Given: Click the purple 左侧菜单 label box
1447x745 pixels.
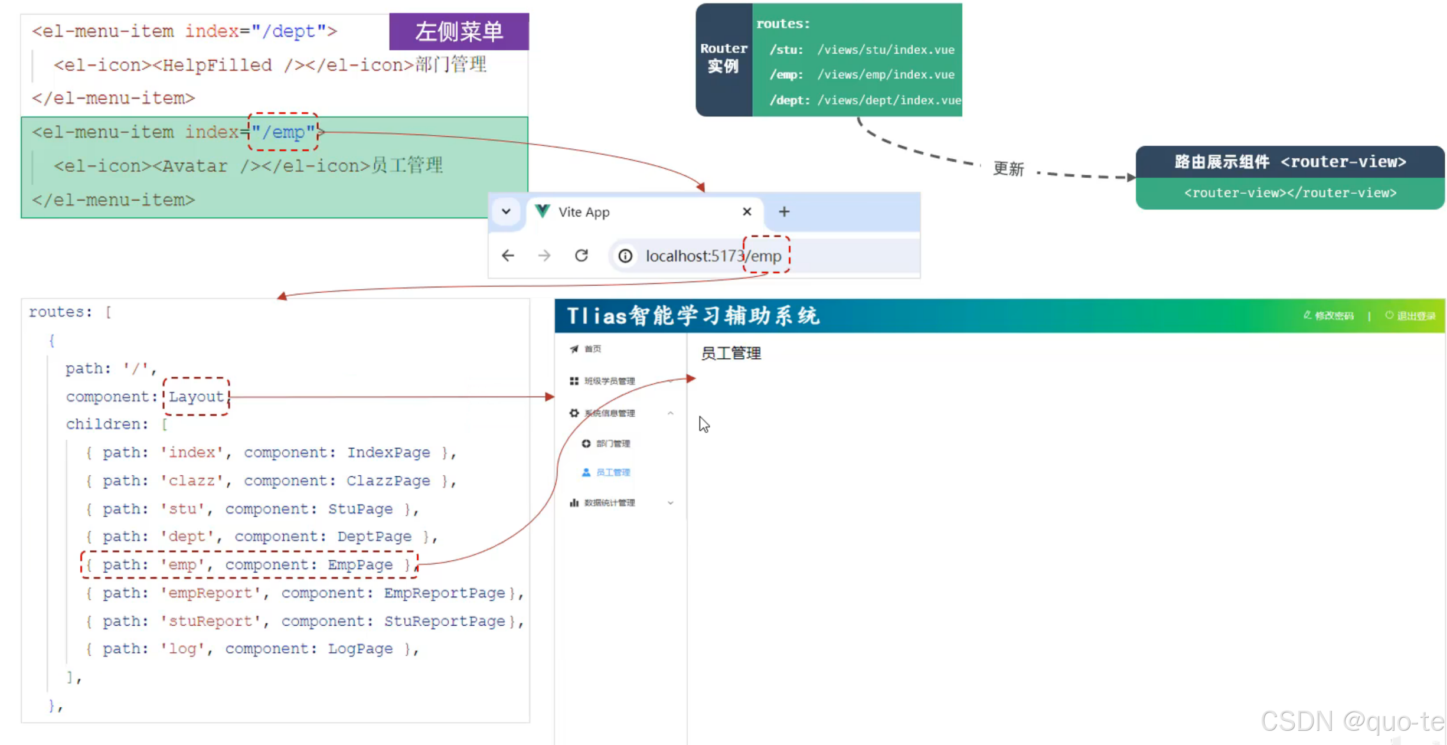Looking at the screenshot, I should tap(459, 31).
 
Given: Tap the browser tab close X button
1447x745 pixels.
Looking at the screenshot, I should tap(747, 211).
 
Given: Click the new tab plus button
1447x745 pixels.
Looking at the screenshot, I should tap(784, 211).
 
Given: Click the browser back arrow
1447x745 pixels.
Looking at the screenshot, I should tap(508, 256).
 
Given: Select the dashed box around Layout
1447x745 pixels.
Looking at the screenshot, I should tap(196, 397).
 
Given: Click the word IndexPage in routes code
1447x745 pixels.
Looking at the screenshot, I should tap(388, 453).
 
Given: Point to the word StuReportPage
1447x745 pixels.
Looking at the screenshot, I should tap(445, 621).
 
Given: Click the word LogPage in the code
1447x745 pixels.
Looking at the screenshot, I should tap(360, 649).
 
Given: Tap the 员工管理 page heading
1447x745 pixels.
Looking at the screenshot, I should tap(731, 353).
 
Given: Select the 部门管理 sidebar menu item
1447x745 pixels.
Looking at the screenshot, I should tap(612, 443).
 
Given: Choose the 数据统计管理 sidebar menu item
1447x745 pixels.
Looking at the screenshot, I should tap(609, 503).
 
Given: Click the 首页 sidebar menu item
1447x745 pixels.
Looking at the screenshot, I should tap(593, 349).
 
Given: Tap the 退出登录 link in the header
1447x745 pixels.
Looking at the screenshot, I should tap(1415, 316).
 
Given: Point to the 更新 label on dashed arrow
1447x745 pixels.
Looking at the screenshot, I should tap(1008, 169).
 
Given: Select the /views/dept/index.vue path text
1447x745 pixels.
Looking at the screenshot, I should tap(889, 100).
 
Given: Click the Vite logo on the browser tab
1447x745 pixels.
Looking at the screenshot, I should tap(543, 211).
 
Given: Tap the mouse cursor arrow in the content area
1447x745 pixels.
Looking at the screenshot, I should tap(704, 423).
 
